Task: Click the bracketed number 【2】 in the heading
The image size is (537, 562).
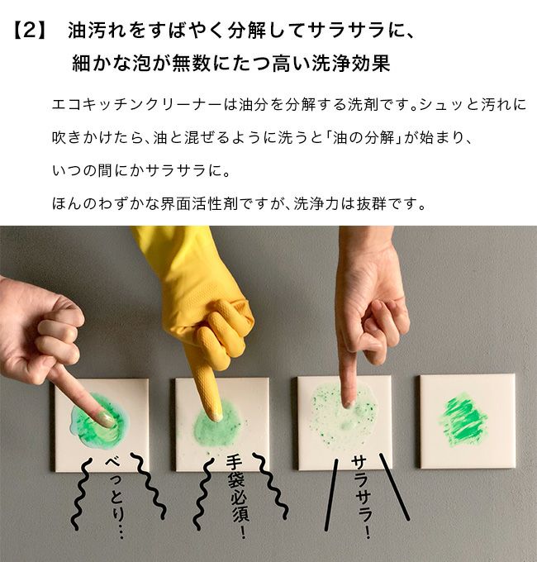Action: tap(31, 31)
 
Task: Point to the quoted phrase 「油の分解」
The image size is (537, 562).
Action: tap(361, 138)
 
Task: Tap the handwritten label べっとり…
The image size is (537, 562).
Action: tap(116, 498)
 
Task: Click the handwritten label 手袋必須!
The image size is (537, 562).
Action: tap(237, 497)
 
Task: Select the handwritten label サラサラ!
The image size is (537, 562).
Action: tap(361, 498)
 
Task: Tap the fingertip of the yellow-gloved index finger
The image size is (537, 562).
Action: tap(216, 416)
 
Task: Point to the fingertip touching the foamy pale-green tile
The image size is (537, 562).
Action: tap(348, 403)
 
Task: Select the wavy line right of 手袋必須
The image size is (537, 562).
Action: tap(270, 486)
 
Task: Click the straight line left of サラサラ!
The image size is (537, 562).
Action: tap(331, 495)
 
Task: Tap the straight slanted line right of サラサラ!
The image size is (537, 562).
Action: tap(394, 487)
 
